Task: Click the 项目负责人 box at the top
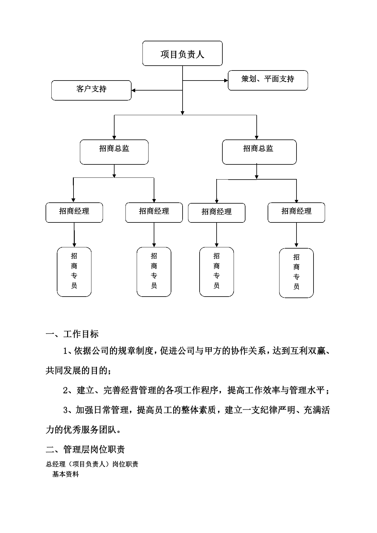[182, 53]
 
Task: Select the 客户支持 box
[91, 90]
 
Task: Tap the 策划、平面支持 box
[268, 80]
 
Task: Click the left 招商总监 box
[114, 152]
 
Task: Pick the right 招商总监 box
[259, 152]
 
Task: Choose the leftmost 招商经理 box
[74, 213]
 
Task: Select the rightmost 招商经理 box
[296, 213]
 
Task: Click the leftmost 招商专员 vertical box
[74, 272]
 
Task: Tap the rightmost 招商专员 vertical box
[296, 273]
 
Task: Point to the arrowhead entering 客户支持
[133, 90]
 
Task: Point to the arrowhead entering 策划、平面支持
[226, 81]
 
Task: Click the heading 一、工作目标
[72, 334]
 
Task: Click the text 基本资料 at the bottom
[66, 474]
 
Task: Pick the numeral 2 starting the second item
[66, 390]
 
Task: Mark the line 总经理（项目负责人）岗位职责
[92, 464]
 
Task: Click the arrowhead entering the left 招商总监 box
[114, 138]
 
